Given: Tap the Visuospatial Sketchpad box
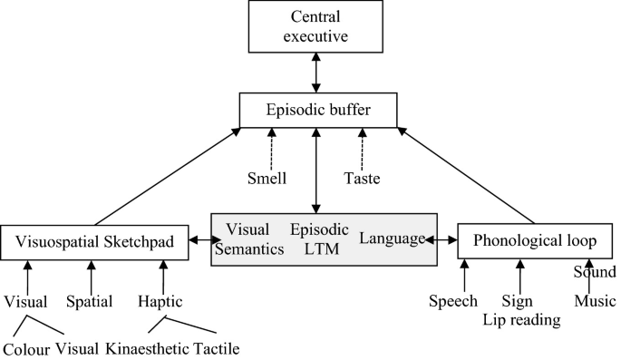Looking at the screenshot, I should click(x=95, y=243).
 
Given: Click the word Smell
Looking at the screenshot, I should click(x=269, y=179).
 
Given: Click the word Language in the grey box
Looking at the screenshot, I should click(x=391, y=238).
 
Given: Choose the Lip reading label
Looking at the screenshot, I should click(x=520, y=318).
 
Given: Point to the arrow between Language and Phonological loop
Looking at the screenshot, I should click(x=441, y=240).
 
